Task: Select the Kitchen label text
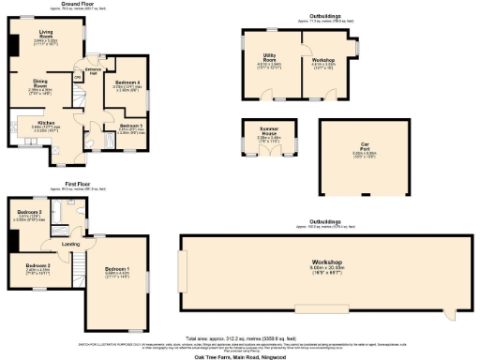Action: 47,122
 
